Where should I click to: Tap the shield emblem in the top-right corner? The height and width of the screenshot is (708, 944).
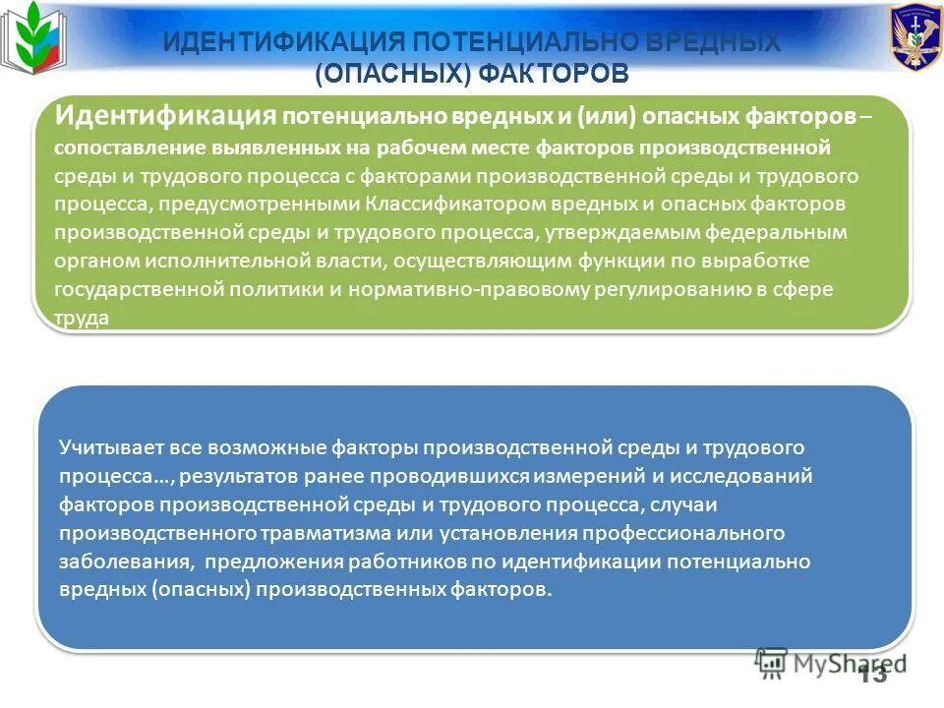tap(914, 36)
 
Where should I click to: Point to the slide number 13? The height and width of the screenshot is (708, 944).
tap(873, 674)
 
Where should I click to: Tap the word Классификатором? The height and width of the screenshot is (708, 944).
tap(439, 205)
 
